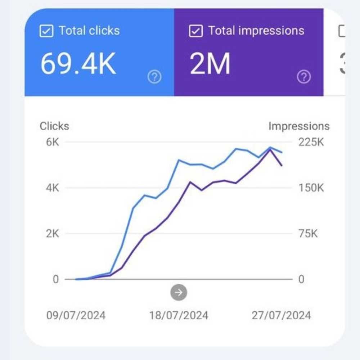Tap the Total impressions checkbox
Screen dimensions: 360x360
coord(195,31)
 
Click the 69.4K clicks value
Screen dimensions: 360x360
coord(78,64)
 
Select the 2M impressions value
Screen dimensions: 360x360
coord(210,64)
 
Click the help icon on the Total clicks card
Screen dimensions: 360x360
coord(155,77)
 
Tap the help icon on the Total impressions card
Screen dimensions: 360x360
coord(304,77)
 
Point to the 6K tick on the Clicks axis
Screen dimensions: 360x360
coord(53,142)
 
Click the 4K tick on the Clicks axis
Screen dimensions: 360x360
coord(53,188)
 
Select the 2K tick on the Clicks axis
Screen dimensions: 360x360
coord(53,234)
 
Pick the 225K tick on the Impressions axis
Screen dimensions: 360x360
coord(311,142)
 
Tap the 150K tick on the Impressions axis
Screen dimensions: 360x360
coord(311,188)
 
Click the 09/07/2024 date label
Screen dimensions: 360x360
coord(76,315)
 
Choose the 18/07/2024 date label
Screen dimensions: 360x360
coord(179,315)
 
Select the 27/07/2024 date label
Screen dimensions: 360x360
coord(282,315)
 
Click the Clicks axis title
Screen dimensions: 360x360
coord(54,126)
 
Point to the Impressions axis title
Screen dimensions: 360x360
coord(299,126)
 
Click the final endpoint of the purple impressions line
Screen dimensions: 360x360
coord(282,166)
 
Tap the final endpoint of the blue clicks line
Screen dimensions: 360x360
coord(282,152)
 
